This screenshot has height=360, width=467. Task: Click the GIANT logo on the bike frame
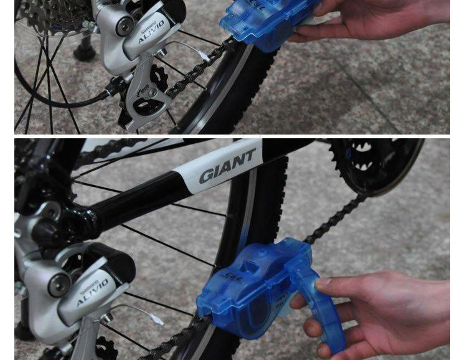click(227, 167)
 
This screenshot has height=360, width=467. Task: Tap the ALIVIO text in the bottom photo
click(93, 292)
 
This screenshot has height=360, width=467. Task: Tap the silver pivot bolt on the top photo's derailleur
click(125, 26)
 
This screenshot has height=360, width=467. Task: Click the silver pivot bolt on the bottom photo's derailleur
click(60, 285)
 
